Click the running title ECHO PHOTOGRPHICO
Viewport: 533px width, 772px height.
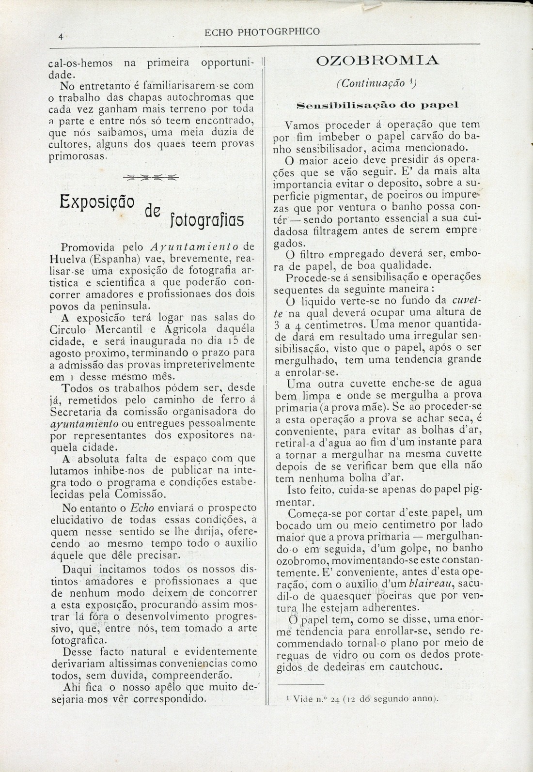tap(263, 32)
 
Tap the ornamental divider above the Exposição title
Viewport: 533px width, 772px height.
tap(150, 177)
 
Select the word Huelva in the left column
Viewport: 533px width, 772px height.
tap(68, 258)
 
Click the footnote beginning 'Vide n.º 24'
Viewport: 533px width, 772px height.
tap(362, 698)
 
